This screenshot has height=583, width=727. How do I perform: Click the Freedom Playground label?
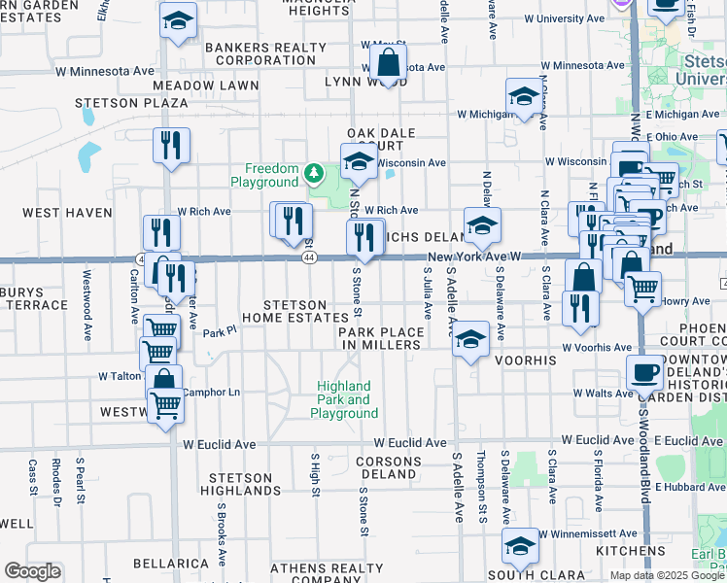tap(264, 175)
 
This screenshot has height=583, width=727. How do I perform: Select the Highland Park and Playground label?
tap(345, 399)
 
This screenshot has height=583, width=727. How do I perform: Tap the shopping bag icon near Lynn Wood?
tap(388, 64)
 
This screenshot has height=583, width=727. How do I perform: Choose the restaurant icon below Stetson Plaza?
tap(171, 146)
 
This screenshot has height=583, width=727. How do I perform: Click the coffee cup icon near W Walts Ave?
tap(644, 372)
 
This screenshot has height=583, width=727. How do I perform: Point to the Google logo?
tap(32, 571)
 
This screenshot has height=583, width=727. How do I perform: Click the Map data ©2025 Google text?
tap(667, 575)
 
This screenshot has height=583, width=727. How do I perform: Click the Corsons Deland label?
tap(388, 467)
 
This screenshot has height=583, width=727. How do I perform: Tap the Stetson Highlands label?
tap(243, 484)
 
